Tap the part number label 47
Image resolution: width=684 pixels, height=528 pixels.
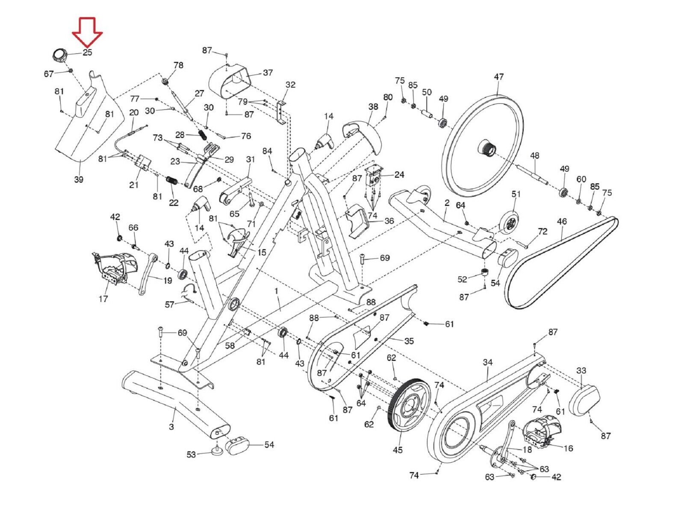pyautogui.click(x=498, y=77)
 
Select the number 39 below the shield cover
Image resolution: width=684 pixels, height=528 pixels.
pyautogui.click(x=78, y=179)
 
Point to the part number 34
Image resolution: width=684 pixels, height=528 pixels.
pyautogui.click(x=488, y=363)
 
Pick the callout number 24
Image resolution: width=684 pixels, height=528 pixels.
pyautogui.click(x=399, y=175)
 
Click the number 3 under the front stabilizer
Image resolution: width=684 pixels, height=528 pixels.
pyautogui.click(x=171, y=426)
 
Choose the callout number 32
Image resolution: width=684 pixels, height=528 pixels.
pyautogui.click(x=290, y=85)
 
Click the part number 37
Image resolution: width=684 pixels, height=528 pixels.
pyautogui.click(x=268, y=73)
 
